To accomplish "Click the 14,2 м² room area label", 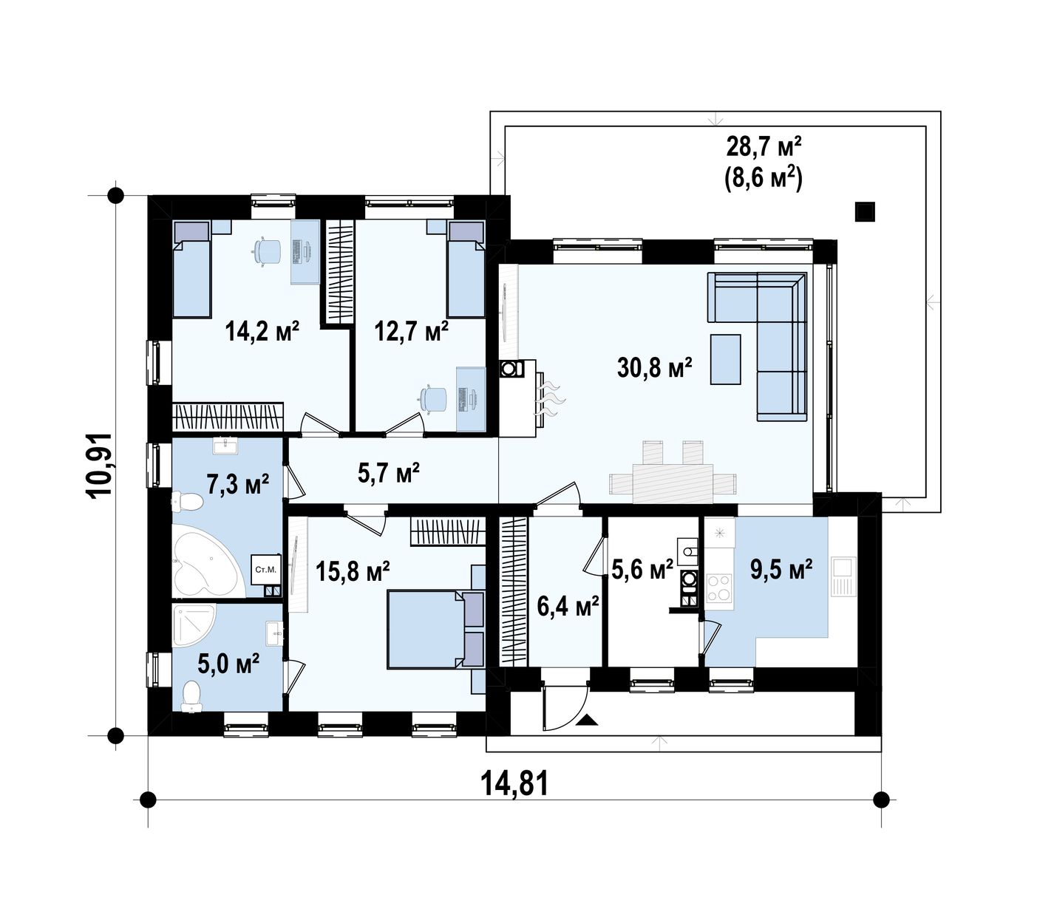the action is pos(262,332).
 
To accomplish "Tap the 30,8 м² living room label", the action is pos(655,367).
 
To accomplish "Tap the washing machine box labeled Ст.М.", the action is pos(266,569).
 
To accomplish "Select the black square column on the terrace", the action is pos(865,211).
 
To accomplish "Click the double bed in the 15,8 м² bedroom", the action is pos(435,629).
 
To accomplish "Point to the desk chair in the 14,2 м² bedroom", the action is pos(267,251).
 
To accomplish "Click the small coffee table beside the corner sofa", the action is pos(725,359).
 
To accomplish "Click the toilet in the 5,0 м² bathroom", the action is pos(192,695).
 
